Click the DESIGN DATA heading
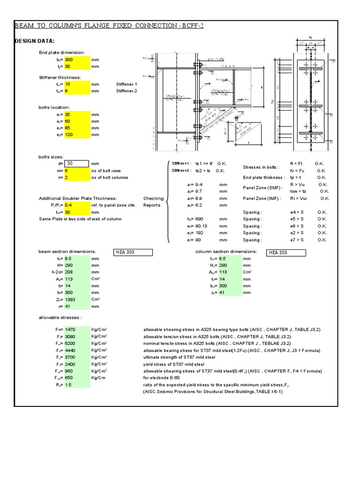36,41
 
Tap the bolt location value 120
71,135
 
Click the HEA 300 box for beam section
133,253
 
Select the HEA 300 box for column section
286,253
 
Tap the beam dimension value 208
70,272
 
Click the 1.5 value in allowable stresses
68,384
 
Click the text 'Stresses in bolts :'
261,167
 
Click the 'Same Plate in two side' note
80,219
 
